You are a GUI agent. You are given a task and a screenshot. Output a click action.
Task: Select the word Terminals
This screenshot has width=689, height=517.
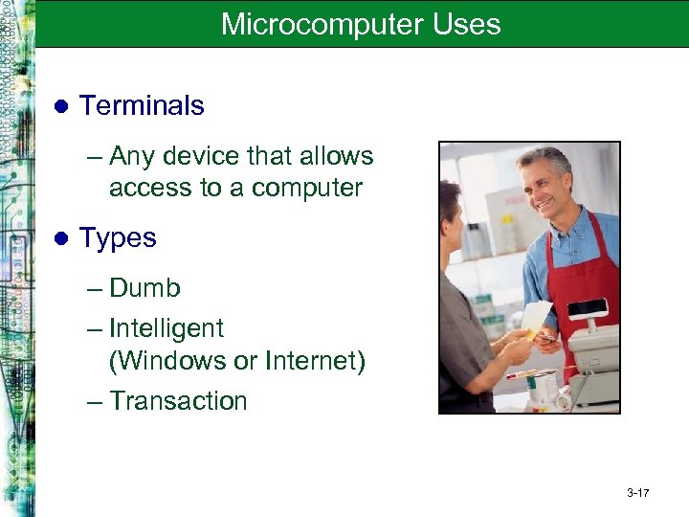pos(142,106)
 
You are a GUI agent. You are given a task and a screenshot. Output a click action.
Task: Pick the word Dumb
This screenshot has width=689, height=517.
pos(144,288)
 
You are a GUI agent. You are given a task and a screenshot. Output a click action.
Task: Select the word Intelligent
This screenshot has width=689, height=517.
pos(167,328)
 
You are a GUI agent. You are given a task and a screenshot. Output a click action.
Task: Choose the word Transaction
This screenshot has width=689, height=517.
pos(178,401)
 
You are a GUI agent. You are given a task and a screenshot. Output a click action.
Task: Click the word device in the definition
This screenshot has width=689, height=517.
pos(206,156)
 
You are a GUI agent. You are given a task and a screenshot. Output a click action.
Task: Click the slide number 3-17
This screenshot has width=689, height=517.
pos(638,494)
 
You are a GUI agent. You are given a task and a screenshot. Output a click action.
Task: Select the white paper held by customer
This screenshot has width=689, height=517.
pos(535,319)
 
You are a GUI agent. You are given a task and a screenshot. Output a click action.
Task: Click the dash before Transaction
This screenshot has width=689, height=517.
pos(93,401)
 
